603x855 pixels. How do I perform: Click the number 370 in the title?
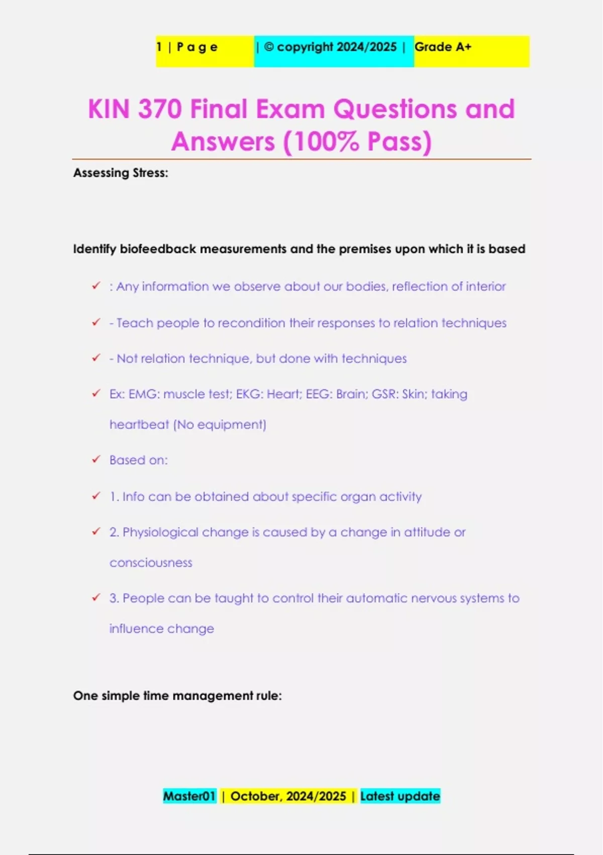click(x=160, y=109)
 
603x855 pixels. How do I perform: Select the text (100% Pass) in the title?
click(x=357, y=142)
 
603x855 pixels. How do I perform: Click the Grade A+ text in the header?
click(x=443, y=47)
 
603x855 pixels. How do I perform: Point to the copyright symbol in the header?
click(x=269, y=47)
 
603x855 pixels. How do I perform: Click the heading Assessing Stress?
click(x=121, y=173)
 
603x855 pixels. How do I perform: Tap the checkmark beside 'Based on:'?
click(x=96, y=459)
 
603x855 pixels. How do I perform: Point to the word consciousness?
click(x=151, y=563)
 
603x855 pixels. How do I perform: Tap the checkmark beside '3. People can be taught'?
click(x=96, y=597)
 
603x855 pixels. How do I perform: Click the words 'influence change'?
click(x=161, y=629)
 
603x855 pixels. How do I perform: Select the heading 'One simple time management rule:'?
click(x=177, y=696)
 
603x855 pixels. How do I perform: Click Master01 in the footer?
click(x=189, y=796)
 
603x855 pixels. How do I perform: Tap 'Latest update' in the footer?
click(x=400, y=796)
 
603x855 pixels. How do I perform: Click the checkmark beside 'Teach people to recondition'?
click(x=96, y=322)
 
